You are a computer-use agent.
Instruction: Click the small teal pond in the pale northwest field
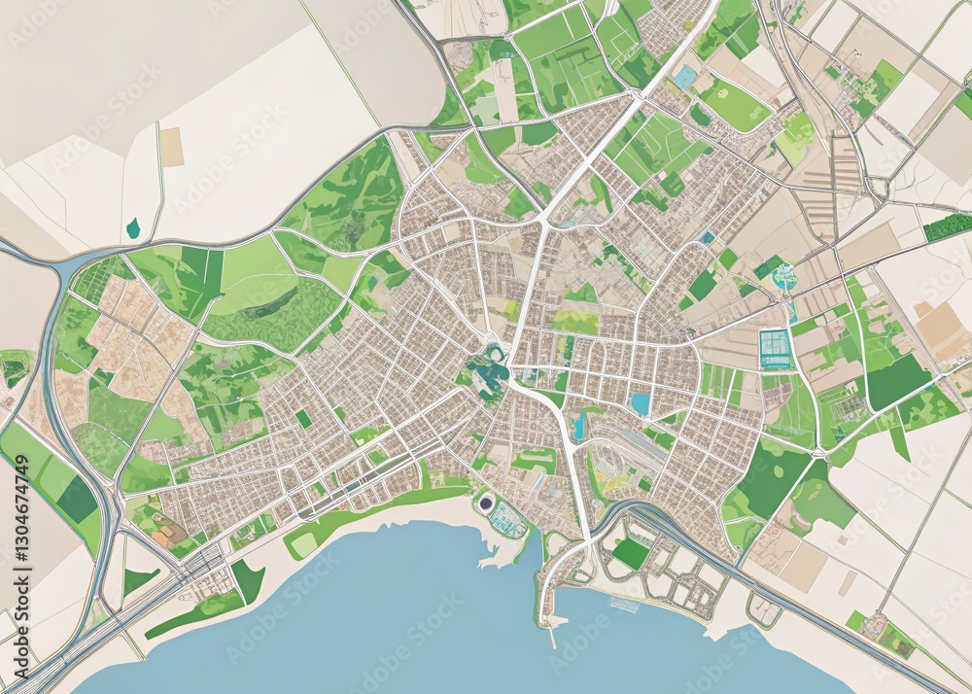(133, 228)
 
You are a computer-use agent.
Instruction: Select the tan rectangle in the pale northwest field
(172, 147)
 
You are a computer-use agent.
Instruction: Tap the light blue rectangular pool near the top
(686, 76)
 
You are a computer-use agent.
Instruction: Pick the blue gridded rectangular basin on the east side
(776, 348)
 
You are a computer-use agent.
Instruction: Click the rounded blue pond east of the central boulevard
(641, 403)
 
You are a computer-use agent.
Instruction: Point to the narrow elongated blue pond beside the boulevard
(580, 424)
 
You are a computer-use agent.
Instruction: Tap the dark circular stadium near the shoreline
(485, 503)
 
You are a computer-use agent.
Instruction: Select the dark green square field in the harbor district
(632, 553)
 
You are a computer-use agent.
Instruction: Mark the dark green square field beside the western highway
(77, 499)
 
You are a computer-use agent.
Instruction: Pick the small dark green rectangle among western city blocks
(304, 418)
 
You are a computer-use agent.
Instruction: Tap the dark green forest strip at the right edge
(947, 227)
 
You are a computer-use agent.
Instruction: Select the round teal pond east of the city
(783, 278)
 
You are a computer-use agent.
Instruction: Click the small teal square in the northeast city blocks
(708, 237)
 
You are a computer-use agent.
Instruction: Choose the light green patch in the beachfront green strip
(304, 544)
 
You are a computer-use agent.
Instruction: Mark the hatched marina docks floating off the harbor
(624, 605)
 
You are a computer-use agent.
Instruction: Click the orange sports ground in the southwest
(167, 534)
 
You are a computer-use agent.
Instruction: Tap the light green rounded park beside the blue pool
(734, 104)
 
